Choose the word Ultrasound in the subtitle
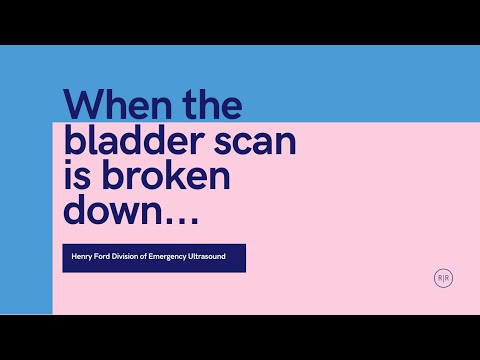(x=224, y=258)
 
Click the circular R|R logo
(x=443, y=278)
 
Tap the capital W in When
(x=84, y=106)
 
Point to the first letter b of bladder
(x=74, y=143)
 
